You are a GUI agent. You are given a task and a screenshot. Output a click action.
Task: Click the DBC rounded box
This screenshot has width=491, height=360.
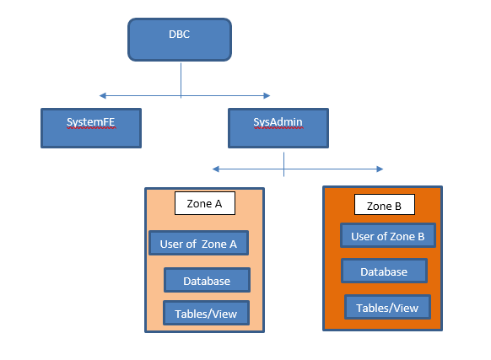point(180,40)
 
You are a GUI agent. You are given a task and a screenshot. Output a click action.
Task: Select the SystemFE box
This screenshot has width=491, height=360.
point(91,128)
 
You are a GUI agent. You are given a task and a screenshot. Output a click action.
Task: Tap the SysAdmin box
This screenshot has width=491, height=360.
point(278,128)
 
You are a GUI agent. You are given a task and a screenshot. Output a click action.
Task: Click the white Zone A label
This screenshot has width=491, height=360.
point(205,203)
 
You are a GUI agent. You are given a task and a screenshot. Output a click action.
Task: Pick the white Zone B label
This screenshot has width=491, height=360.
point(385,204)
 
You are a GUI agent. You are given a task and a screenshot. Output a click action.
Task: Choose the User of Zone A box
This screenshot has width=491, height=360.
point(199,243)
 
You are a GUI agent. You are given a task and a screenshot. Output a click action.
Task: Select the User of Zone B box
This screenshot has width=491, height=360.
point(388,235)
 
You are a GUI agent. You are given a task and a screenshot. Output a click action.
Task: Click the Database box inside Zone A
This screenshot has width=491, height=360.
point(207,280)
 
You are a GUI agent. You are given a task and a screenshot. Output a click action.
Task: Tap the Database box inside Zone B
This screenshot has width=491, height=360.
point(384,271)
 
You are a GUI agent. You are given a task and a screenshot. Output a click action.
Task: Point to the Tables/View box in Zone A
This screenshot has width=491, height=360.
point(207,313)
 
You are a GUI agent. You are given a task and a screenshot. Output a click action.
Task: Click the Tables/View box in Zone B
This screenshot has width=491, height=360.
point(388,307)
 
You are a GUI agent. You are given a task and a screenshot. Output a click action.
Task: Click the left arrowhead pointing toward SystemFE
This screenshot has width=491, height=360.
point(102,95)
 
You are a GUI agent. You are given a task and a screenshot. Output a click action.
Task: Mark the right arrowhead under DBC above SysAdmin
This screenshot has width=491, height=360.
point(267,95)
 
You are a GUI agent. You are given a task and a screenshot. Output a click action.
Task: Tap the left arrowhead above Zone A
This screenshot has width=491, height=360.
point(216,169)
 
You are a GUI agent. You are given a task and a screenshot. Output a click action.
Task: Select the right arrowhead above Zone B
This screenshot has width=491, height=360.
point(380,169)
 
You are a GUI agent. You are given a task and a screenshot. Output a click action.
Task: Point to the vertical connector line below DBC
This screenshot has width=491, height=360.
point(181,80)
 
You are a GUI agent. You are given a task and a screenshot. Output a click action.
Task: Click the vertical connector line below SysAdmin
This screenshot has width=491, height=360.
point(283,164)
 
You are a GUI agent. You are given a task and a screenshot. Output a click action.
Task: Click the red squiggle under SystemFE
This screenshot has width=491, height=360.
point(91,127)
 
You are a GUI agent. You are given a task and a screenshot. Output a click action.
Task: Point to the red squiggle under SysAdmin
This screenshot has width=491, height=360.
point(278,127)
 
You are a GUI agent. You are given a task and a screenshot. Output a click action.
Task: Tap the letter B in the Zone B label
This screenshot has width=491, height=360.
point(398,207)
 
